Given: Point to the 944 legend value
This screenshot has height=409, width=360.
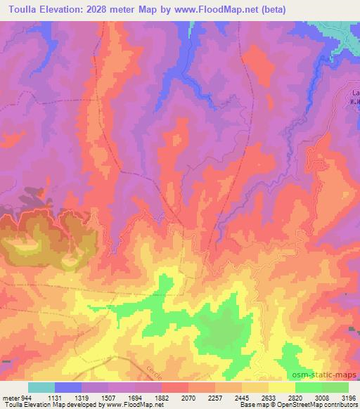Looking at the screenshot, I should coord(27,396).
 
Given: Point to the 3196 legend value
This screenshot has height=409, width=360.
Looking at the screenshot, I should coord(349,396).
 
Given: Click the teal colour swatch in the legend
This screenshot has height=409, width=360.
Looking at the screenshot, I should coord(41,387).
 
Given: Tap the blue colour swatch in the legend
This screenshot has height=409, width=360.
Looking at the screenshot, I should coord(68,387).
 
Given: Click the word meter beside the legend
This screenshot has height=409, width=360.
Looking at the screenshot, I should coord(11,396).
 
